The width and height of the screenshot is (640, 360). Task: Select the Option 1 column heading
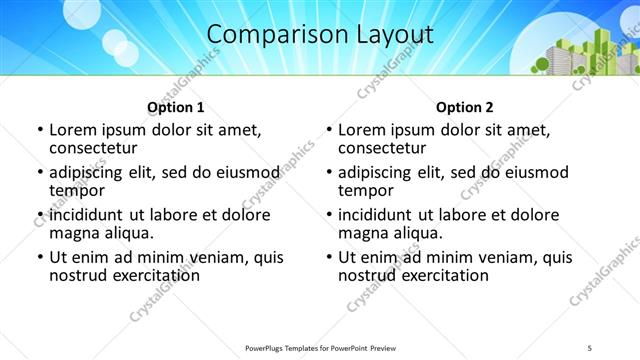pyautogui.click(x=176, y=108)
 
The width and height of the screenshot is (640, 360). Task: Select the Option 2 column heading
pyautogui.click(x=465, y=108)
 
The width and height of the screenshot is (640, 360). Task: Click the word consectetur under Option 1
pyautogui.click(x=91, y=148)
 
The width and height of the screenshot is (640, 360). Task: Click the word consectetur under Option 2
pyautogui.click(x=380, y=148)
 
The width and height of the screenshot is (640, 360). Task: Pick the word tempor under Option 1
pyautogui.click(x=77, y=191)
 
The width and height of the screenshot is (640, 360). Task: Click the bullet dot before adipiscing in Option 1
pyautogui.click(x=40, y=172)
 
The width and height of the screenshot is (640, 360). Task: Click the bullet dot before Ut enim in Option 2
pyautogui.click(x=329, y=257)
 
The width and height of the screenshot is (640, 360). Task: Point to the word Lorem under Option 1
pyautogui.click(x=72, y=130)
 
